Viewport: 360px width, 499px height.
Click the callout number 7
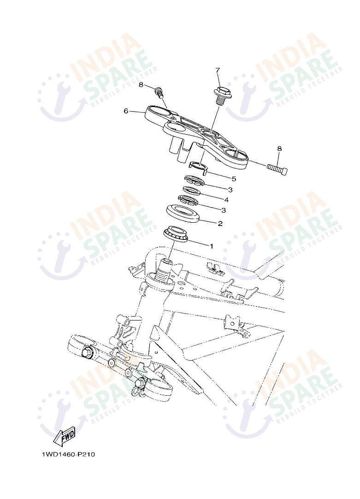(218, 70)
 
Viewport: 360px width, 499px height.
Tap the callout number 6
(125, 111)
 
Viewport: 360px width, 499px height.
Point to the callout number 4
(226, 200)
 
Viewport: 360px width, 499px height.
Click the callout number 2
(220, 224)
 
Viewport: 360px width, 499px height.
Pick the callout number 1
(212, 246)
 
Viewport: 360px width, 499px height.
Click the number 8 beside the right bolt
(279, 149)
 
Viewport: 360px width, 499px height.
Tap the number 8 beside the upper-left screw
(141, 85)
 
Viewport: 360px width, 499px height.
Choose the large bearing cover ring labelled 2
(184, 213)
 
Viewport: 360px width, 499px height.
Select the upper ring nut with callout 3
(193, 179)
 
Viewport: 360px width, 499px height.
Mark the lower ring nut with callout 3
(188, 200)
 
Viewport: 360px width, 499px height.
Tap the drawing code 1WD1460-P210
(68, 454)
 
